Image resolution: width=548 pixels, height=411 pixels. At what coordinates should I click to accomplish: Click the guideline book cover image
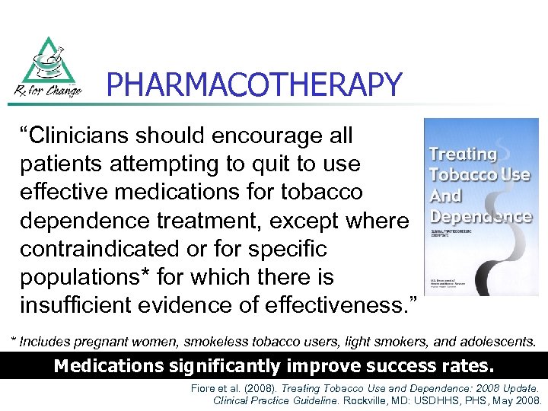coord(480,206)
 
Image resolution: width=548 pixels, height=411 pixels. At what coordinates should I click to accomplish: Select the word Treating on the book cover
coord(463,155)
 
